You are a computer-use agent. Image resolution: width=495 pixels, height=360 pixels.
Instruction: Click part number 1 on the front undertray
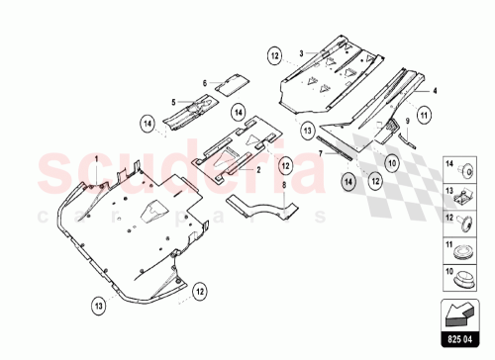click(96, 159)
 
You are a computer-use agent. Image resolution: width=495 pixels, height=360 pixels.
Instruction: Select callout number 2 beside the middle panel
click(259, 169)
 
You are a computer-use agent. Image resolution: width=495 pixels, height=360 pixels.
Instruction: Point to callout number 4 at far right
click(433, 90)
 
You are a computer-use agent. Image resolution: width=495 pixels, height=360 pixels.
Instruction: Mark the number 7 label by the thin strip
click(321, 153)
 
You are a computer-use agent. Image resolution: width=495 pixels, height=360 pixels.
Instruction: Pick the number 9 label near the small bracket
click(406, 122)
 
